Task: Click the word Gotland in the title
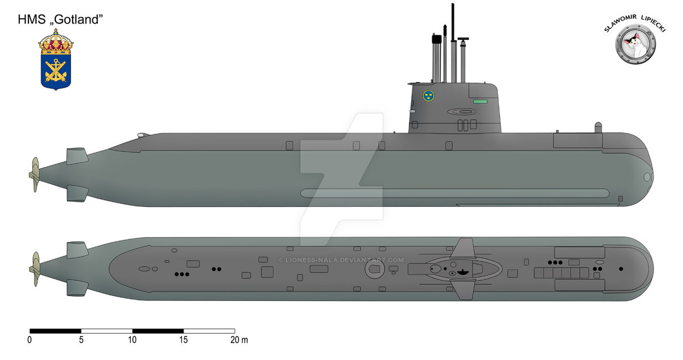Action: point(79,19)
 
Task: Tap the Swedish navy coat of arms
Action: point(56,60)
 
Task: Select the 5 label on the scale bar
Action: point(81,340)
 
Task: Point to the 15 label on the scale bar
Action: point(183,340)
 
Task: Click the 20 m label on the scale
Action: point(239,340)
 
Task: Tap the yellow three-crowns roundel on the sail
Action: point(428,96)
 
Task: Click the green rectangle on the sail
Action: point(480,102)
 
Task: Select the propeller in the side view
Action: point(35,175)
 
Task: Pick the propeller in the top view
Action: point(35,269)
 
